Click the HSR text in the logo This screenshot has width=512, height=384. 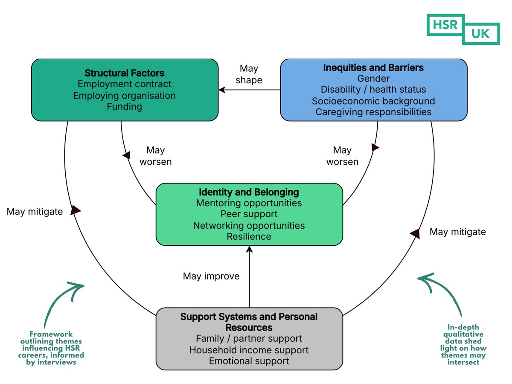(x=445, y=25)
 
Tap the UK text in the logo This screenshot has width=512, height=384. (x=480, y=34)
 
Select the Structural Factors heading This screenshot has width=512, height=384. (x=124, y=73)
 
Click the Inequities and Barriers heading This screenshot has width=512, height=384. (x=373, y=67)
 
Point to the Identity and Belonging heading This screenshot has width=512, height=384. (x=249, y=192)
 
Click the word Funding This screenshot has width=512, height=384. (x=124, y=107)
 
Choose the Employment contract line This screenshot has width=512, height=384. (x=124, y=84)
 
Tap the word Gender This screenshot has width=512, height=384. (x=373, y=79)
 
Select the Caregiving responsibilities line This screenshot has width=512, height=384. (x=373, y=112)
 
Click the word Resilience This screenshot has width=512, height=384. (x=249, y=236)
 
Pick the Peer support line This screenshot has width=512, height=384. (x=249, y=214)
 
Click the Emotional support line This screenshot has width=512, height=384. (x=249, y=361)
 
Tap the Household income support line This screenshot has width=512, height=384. (x=249, y=350)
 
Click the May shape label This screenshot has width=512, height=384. (x=249, y=74)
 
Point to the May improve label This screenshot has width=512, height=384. (x=211, y=276)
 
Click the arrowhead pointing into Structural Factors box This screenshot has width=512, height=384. (x=222, y=90)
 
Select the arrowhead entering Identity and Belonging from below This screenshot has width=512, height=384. (x=249, y=249)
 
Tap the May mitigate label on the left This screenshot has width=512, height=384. (x=35, y=212)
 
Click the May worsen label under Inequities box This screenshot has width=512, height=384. (x=342, y=156)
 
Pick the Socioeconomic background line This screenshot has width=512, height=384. (x=373, y=101)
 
